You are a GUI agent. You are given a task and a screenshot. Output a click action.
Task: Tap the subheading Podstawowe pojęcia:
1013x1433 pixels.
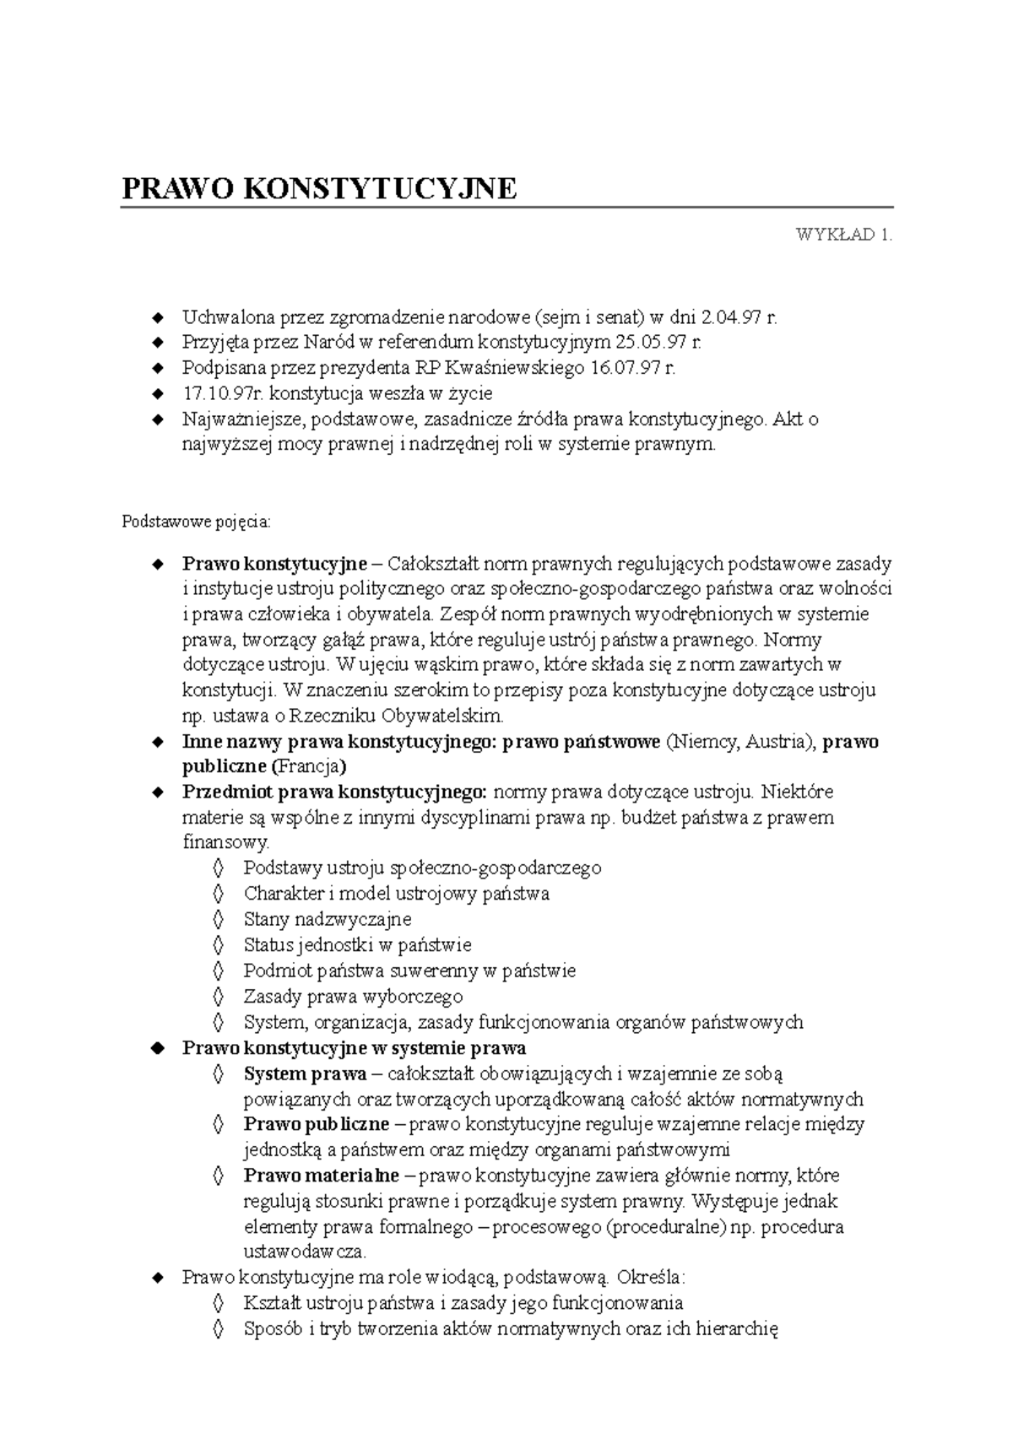[x=197, y=522]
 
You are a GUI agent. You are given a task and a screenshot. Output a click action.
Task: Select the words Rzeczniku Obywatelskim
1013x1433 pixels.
[x=396, y=716]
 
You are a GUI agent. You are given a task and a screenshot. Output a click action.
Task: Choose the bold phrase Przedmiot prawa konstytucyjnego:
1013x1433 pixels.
[x=334, y=792]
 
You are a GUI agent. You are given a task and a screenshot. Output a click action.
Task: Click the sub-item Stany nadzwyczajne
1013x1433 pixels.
[x=328, y=919]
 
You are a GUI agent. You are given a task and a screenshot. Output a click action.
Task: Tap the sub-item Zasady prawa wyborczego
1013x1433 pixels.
[x=353, y=997]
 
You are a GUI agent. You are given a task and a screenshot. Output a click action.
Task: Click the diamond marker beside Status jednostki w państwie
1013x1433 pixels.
[x=219, y=945]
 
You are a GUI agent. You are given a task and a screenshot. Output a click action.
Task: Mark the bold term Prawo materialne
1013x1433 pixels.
[x=322, y=1176]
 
